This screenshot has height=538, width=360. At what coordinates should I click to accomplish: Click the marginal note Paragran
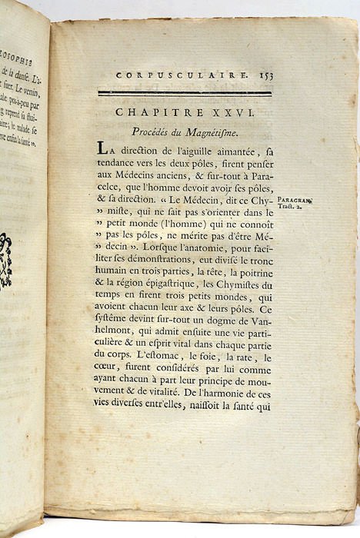tap(295, 198)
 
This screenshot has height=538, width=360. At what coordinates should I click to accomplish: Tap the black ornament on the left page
tap(6, 261)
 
